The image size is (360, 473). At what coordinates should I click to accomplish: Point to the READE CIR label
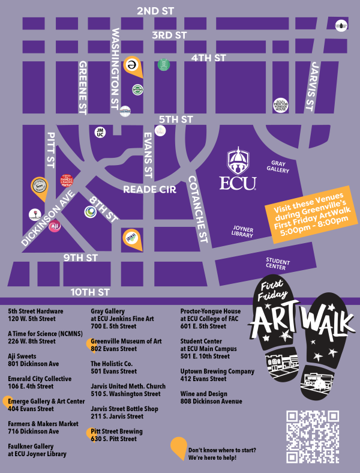point(149,190)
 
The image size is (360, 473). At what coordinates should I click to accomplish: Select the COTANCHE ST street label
point(198,209)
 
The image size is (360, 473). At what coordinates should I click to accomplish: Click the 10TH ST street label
point(90,292)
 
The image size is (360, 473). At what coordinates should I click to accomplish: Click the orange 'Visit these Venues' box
point(310,215)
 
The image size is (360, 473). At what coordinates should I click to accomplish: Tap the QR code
point(312,436)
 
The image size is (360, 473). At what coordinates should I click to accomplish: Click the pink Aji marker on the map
point(55,226)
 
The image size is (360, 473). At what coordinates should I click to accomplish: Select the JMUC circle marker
point(100,131)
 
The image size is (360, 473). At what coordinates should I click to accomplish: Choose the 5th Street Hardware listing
point(35,315)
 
